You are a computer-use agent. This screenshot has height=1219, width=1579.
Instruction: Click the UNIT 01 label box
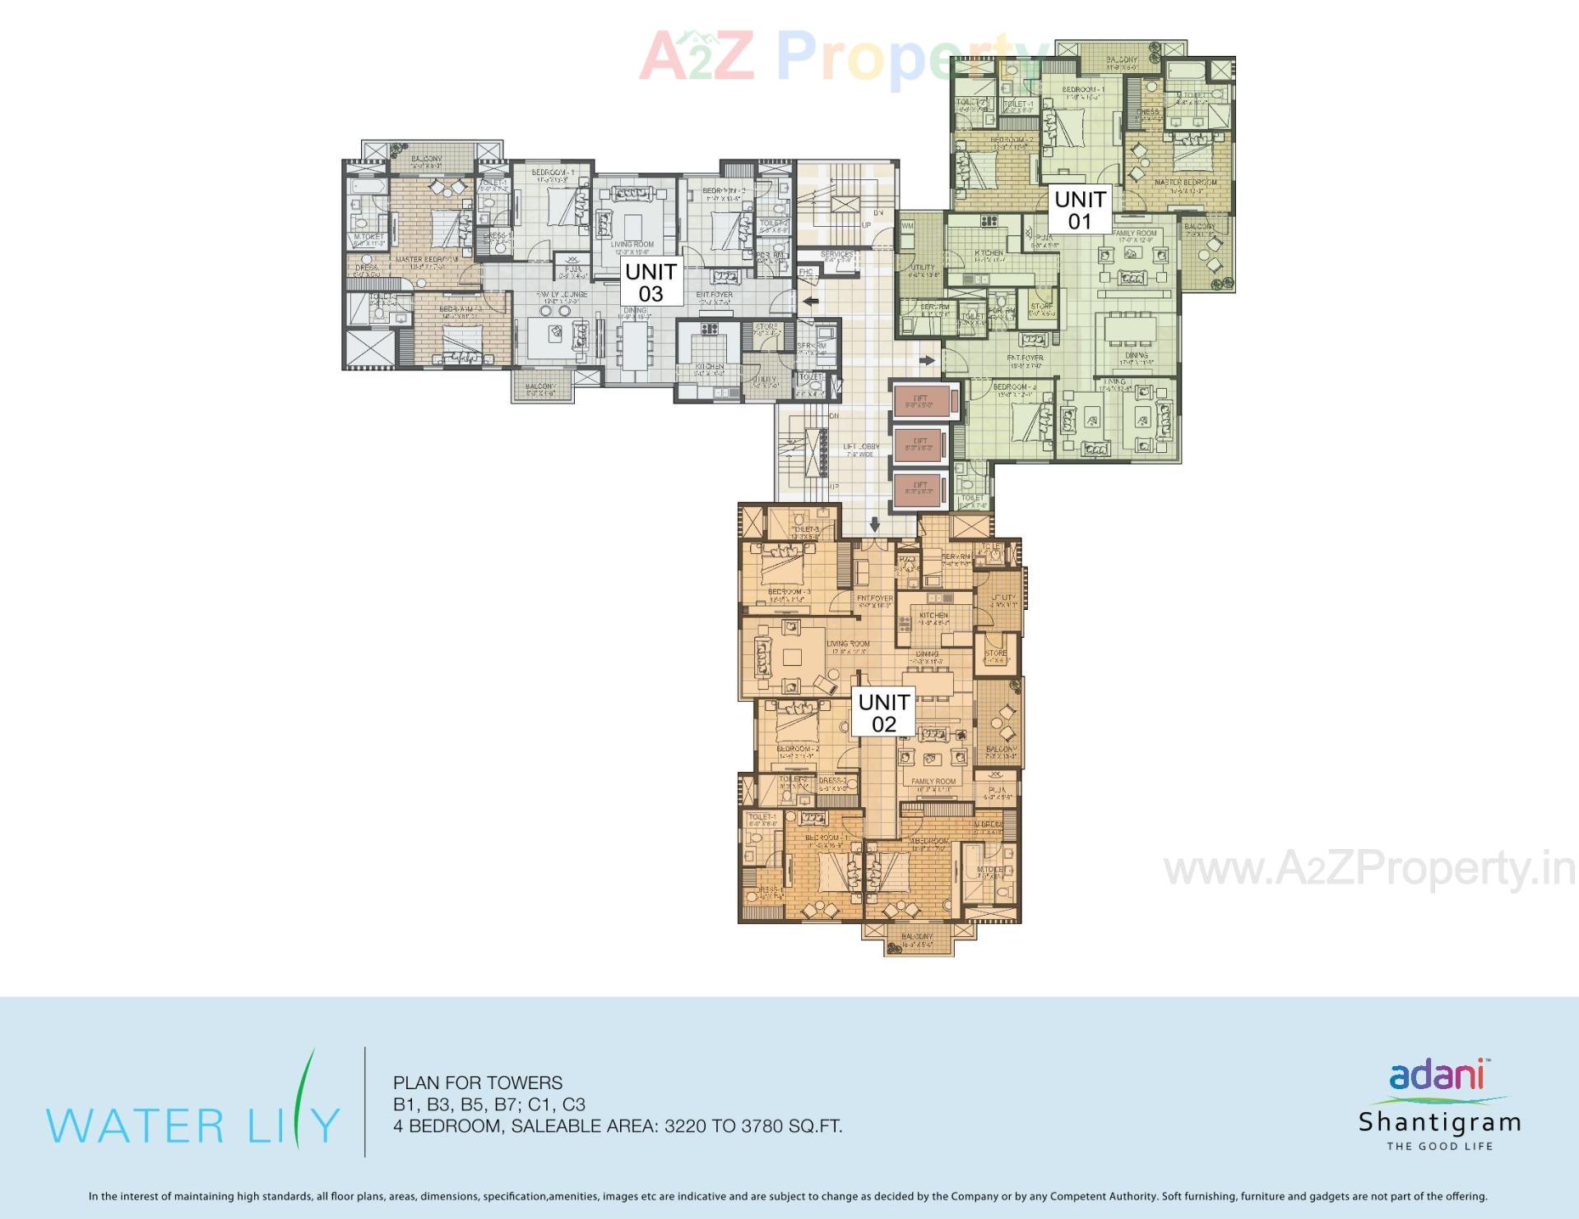coord(1080,210)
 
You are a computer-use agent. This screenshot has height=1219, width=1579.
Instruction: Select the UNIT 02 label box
coord(883,712)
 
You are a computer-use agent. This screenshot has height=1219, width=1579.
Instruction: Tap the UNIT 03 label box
coord(651,282)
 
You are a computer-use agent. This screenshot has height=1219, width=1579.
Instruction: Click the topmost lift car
coord(921,400)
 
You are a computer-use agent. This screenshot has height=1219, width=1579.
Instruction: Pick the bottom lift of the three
coord(920,488)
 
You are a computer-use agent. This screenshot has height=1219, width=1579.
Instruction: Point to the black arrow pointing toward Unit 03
coord(811,302)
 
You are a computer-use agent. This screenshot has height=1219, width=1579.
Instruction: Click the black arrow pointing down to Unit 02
coord(874,524)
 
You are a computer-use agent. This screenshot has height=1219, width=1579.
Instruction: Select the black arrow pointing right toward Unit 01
coord(928,360)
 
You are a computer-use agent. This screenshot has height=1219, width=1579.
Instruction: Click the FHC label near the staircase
coord(806,271)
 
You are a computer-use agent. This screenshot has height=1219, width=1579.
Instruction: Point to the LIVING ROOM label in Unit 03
coord(632,244)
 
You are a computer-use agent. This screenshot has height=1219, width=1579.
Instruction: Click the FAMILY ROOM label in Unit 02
coord(933,782)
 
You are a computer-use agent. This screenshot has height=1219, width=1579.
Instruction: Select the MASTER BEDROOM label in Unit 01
coord(1186,182)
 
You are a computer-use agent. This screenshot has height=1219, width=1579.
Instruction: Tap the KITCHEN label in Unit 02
coord(933,615)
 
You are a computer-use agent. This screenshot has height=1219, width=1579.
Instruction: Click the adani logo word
coord(1436,1075)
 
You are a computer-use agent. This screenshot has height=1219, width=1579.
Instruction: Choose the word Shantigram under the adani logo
coord(1439,1122)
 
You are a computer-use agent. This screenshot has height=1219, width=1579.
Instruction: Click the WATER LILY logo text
coord(192,1124)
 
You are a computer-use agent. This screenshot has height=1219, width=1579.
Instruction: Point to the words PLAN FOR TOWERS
coord(478,1083)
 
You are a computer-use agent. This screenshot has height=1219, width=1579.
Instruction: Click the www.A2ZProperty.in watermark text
coord(1369,869)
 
